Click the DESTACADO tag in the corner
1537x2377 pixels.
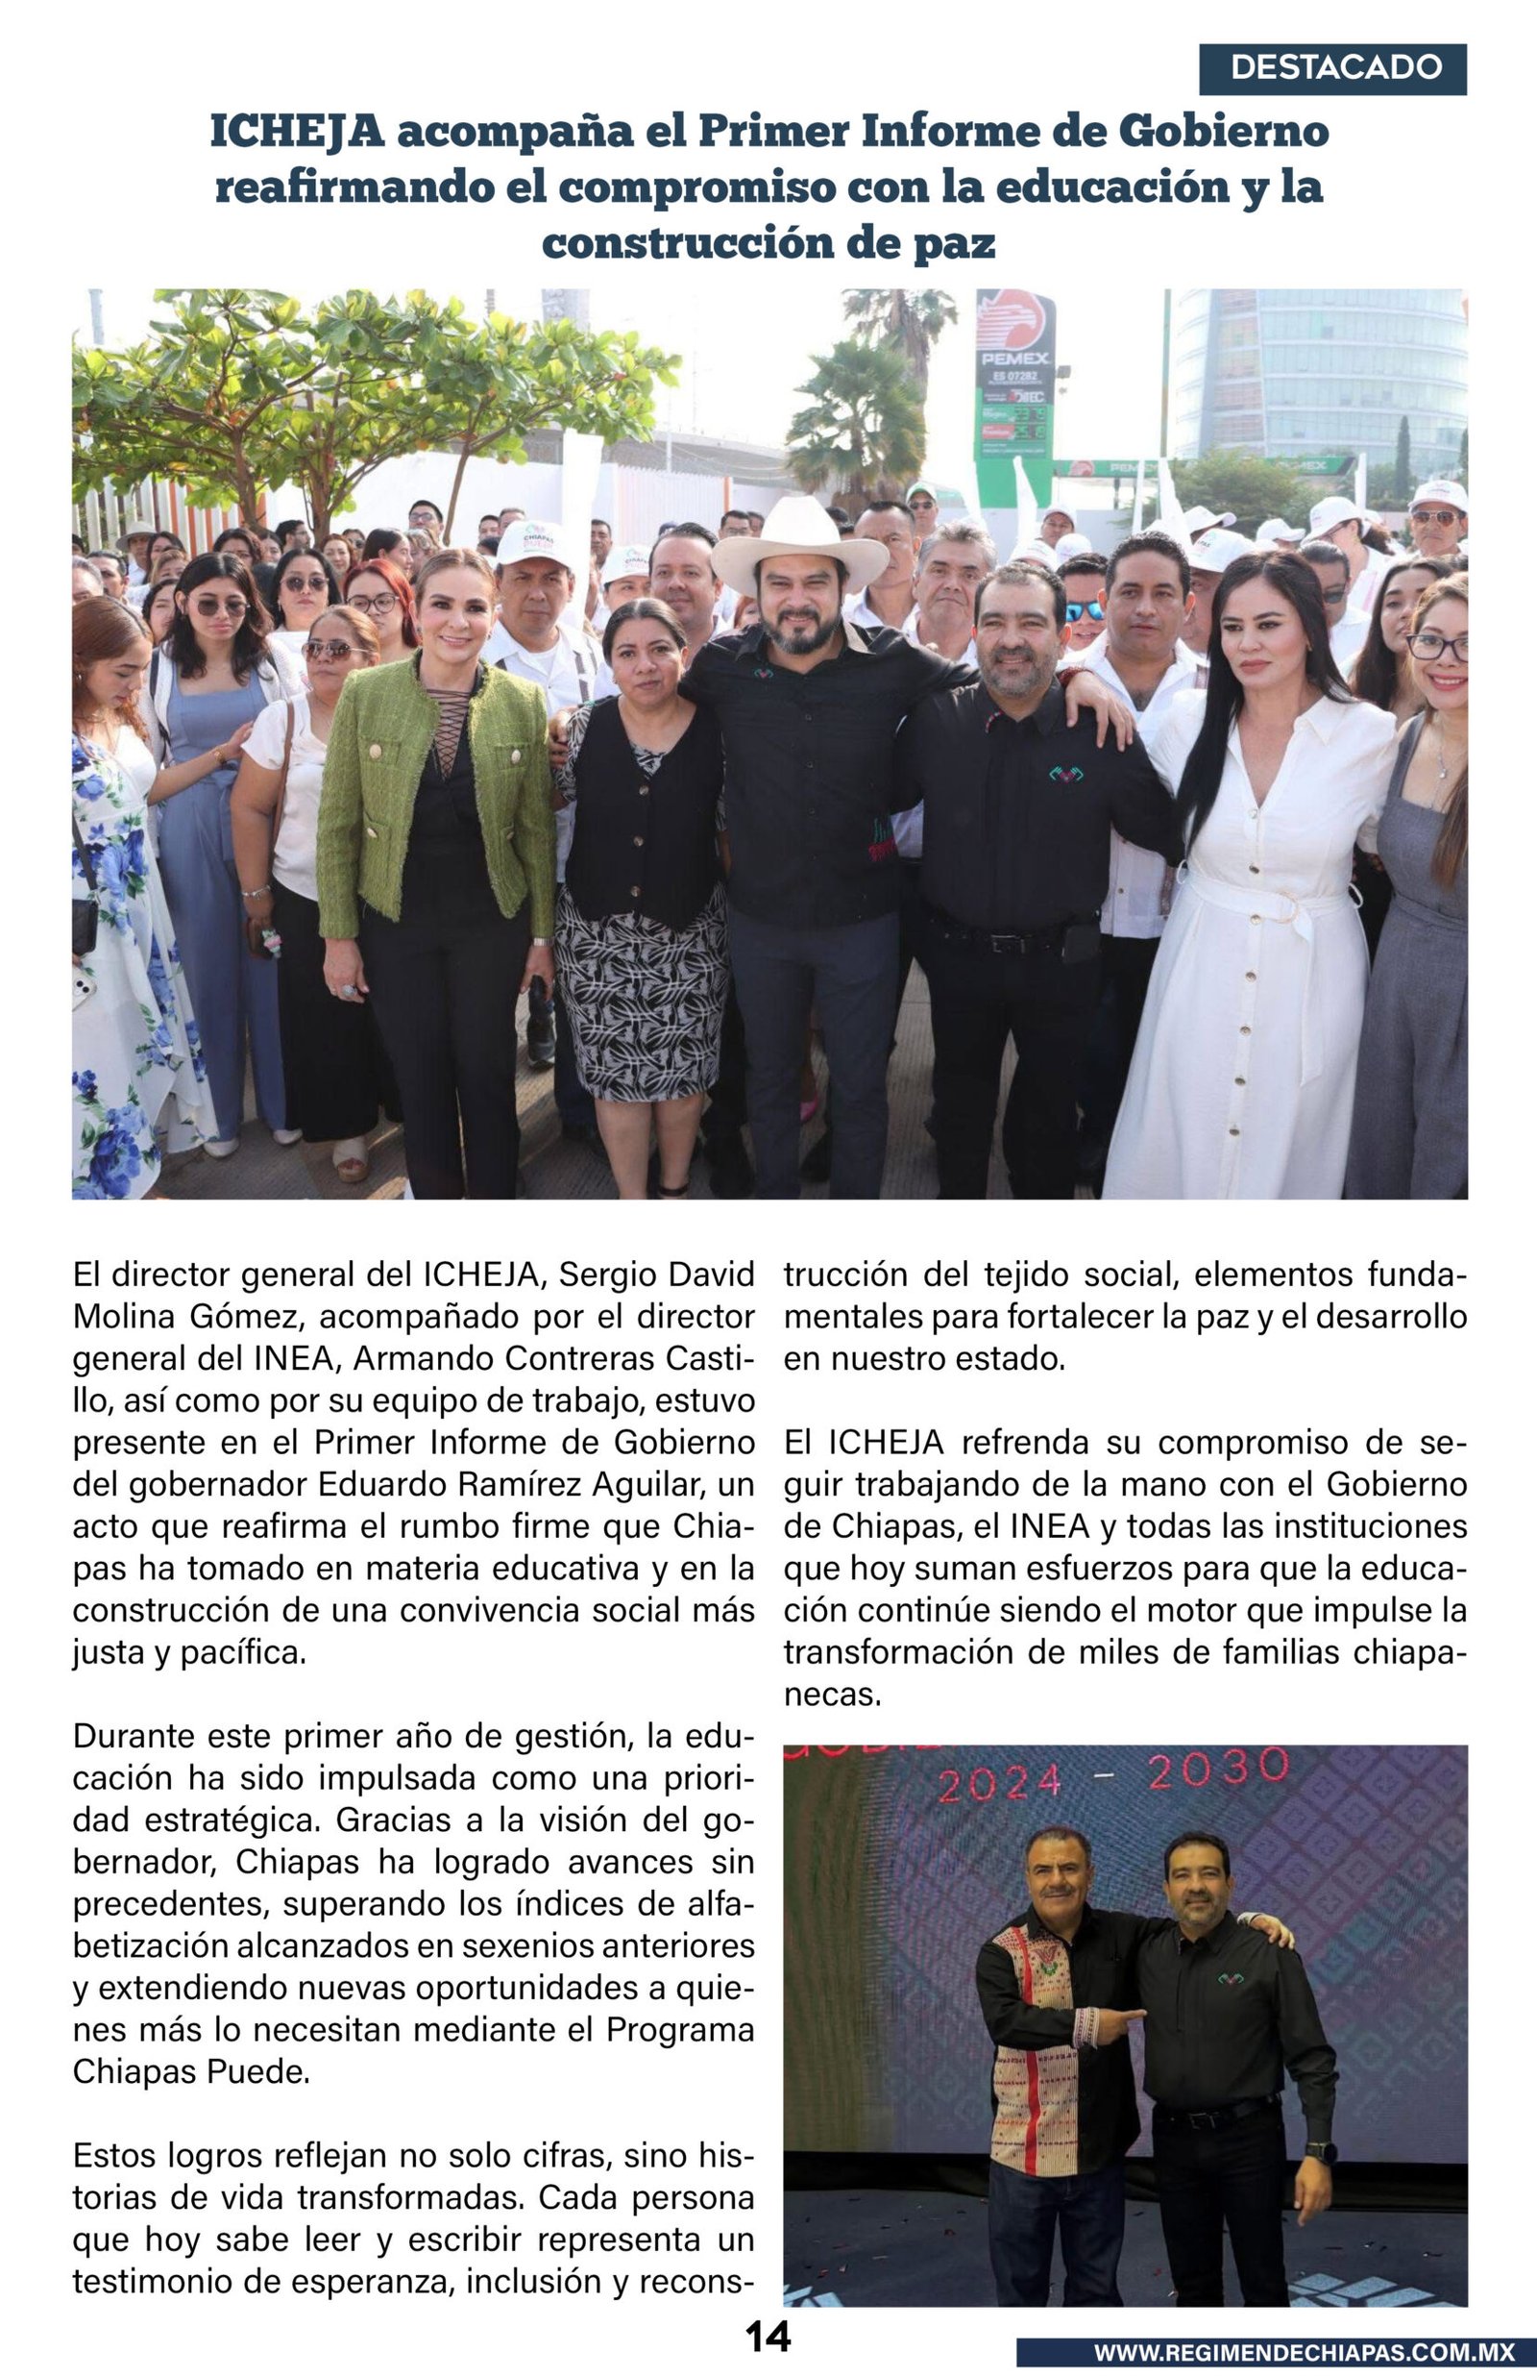point(1332,68)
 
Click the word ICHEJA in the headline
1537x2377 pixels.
point(297,132)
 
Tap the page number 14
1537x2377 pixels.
point(768,2336)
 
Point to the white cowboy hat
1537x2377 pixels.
point(799,542)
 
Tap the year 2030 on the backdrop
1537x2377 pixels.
point(1219,1769)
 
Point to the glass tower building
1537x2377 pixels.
point(1317,380)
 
